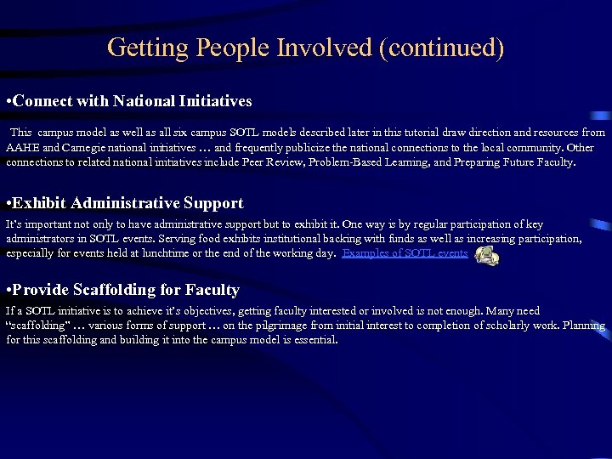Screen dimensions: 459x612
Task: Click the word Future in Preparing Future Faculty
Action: point(514,161)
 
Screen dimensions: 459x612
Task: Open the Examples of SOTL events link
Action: point(405,253)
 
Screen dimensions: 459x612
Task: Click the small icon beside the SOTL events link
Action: point(486,254)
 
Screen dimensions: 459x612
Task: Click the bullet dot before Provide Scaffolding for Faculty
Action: point(8,291)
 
